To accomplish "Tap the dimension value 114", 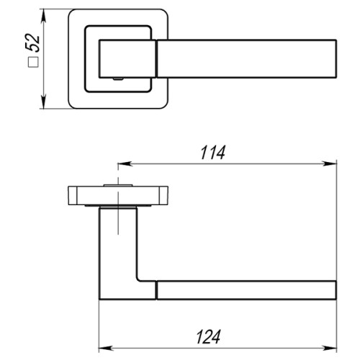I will (x=214, y=153).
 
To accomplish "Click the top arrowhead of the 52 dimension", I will (x=45, y=15).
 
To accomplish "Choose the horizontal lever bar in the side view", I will (x=245, y=289).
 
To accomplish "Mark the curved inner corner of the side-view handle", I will (x=138, y=278).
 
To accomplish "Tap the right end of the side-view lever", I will (x=334, y=289).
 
